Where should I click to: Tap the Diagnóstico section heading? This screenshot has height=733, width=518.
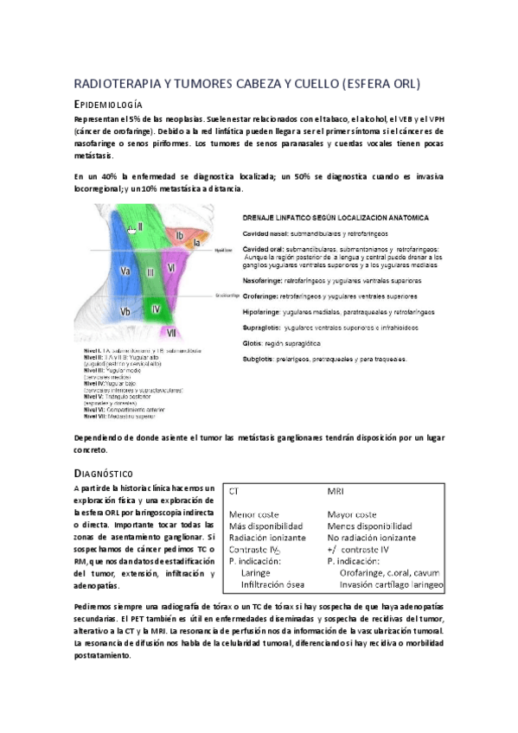103,473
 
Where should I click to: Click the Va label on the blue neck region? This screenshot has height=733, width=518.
125,271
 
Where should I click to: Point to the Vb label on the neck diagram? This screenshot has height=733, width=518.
125,312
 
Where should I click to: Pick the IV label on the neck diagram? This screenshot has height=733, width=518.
156,309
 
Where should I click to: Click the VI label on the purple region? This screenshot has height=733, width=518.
172,268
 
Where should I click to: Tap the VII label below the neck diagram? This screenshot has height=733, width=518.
172,332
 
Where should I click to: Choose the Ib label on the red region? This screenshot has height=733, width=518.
180,234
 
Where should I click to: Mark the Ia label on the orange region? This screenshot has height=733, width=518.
196,244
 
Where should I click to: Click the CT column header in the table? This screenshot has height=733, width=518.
234,491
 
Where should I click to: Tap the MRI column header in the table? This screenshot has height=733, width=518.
336,491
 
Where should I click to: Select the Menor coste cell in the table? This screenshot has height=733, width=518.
254,514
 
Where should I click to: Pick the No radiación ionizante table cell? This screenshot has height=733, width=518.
373,538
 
